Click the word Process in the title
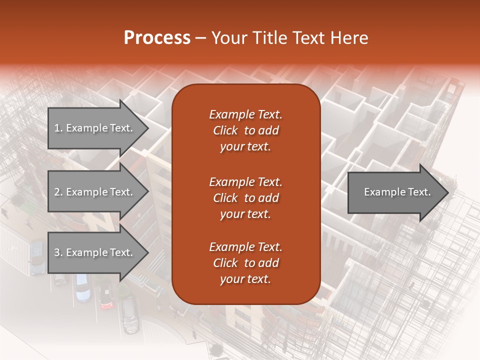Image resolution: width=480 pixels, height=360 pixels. (157, 38)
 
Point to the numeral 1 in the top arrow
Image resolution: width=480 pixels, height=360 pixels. (57, 128)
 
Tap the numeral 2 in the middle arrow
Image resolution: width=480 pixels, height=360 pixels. (57, 192)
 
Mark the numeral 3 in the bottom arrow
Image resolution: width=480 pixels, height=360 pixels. (57, 252)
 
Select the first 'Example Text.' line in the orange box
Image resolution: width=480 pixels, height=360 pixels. (245, 114)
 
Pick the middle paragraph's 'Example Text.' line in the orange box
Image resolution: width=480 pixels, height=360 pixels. (245, 181)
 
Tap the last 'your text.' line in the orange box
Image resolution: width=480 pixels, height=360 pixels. (245, 279)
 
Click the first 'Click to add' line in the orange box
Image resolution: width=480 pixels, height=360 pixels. (245, 130)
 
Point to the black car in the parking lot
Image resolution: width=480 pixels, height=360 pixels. (129, 315)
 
